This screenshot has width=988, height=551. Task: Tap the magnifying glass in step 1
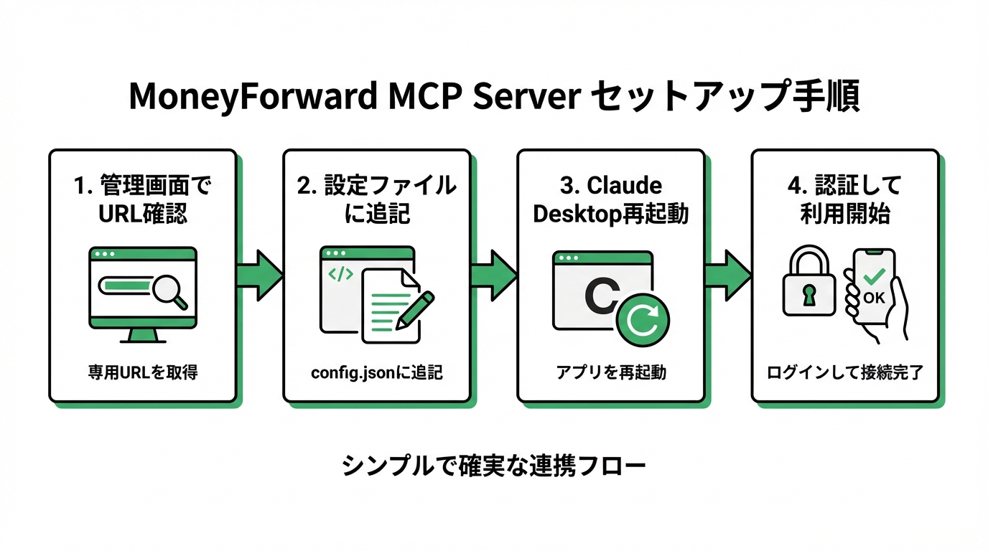click(171, 290)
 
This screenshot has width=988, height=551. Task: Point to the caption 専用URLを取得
click(142, 372)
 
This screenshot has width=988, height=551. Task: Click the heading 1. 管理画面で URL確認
click(142, 199)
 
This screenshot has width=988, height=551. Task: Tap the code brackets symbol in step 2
click(340, 273)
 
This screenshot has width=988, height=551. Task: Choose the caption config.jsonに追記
click(376, 372)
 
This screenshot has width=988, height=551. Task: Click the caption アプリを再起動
click(610, 372)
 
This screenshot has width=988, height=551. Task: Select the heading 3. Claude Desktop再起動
click(610, 199)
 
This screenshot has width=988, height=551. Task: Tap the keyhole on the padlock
click(808, 295)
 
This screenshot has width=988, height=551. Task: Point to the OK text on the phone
click(874, 297)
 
